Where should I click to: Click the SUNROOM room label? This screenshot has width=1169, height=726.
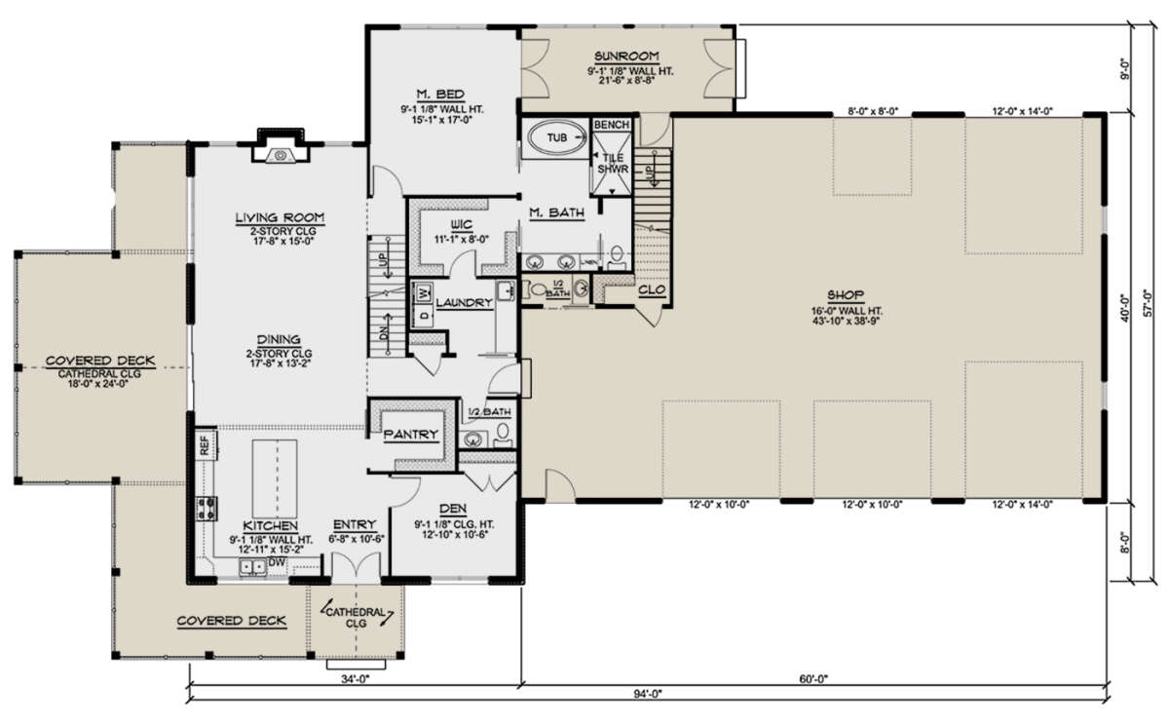click(x=626, y=56)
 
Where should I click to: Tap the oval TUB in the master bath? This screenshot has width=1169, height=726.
click(x=557, y=137)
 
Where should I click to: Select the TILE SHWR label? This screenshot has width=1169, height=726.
click(x=613, y=164)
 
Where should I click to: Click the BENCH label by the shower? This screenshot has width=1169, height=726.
click(x=612, y=125)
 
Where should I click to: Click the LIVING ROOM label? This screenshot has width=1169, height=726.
click(x=280, y=217)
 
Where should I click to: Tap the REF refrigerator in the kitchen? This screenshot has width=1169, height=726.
click(x=205, y=445)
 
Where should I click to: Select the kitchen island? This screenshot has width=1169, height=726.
click(x=275, y=478)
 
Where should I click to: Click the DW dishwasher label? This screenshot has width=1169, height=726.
click(x=276, y=562)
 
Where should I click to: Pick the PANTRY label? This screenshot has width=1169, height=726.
click(x=411, y=435)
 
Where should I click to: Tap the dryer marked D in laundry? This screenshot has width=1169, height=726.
click(x=423, y=316)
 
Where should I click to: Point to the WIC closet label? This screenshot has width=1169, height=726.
click(x=462, y=225)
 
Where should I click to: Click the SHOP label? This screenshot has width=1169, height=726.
click(x=846, y=295)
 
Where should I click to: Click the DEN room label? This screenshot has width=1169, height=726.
click(x=453, y=509)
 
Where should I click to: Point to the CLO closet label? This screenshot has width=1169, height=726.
click(x=652, y=289)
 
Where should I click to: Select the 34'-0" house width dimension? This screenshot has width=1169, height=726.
click(x=356, y=679)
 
